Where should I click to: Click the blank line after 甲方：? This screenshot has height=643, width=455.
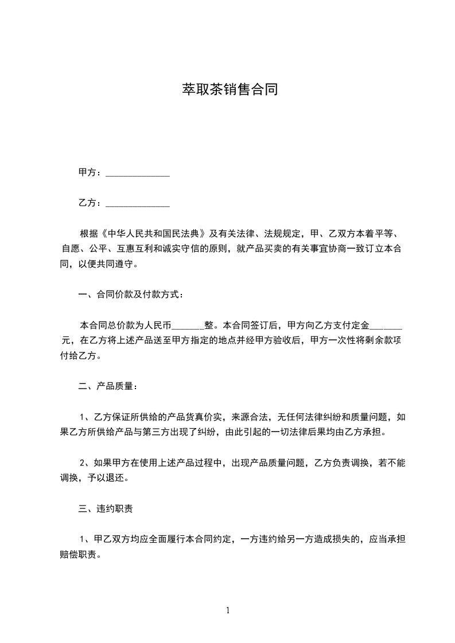point(138,173)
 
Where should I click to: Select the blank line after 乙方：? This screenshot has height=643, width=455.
point(138,203)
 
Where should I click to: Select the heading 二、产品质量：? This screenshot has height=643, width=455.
point(108,386)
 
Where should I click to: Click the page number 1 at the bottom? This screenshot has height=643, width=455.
point(228,611)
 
